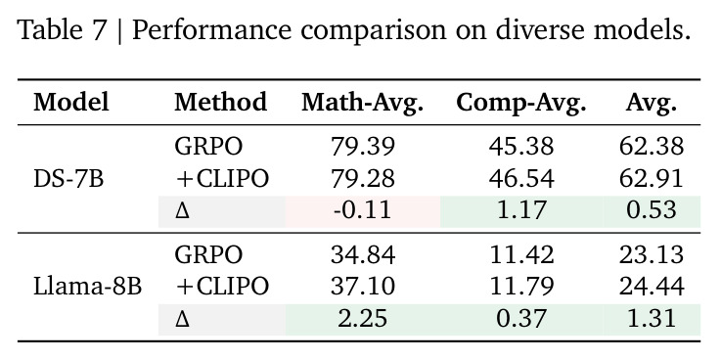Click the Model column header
71,102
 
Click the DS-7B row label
68,179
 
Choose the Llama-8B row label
87,287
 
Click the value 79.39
363,147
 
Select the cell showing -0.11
363,210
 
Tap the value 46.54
521,179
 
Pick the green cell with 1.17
521,210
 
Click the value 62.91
652,179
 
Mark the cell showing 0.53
652,210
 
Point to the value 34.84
363,254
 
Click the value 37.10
363,287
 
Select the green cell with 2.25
363,319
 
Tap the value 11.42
521,254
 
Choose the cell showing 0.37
521,319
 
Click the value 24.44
652,287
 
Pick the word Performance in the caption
211,30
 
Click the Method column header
221,102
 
